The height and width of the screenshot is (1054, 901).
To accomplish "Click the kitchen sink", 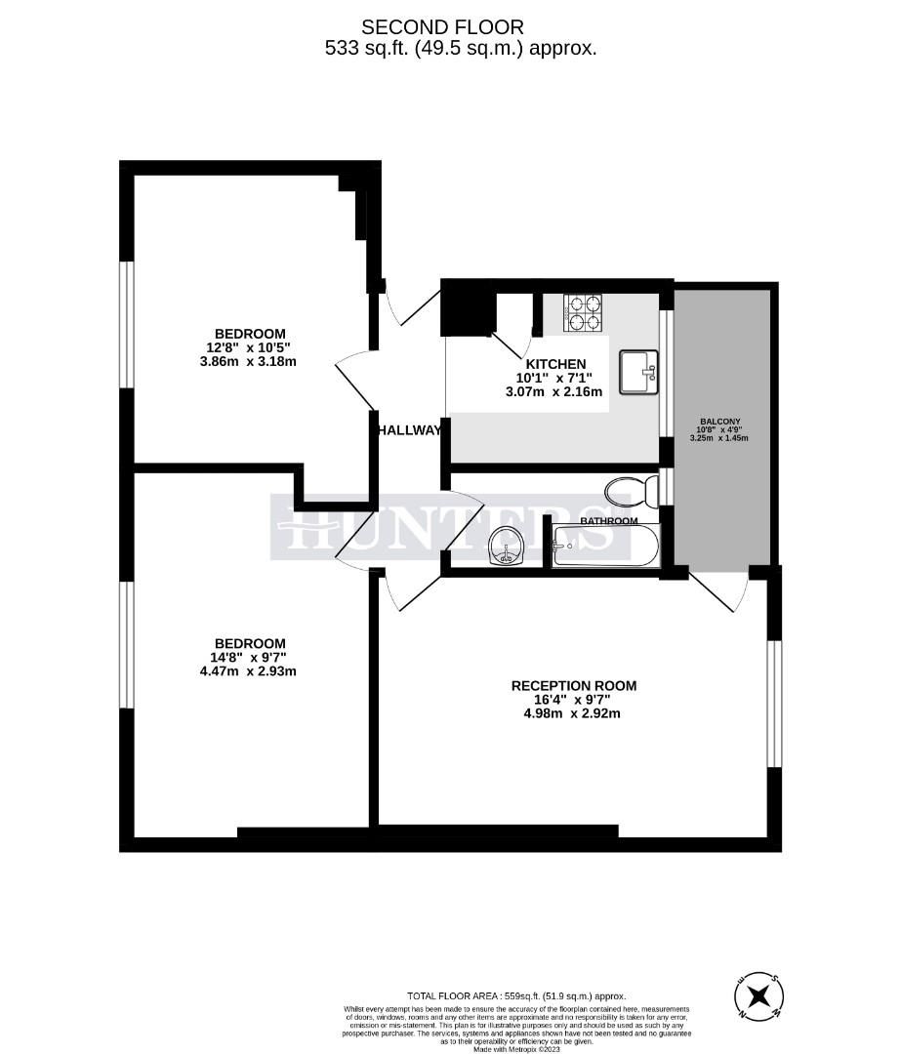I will pos(639,372).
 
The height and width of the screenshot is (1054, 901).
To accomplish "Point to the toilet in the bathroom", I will pos(629,490).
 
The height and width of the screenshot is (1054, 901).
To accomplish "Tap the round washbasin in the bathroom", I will pos(507,545).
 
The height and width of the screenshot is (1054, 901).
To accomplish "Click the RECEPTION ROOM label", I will pos(574,686).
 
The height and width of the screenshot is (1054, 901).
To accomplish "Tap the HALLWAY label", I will pos(410,429).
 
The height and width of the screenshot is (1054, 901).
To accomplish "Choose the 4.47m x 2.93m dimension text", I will pos(250,670).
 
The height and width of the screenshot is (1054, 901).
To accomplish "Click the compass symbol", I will pos(759,997).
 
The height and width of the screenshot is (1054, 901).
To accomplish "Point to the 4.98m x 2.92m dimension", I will pos(573,713).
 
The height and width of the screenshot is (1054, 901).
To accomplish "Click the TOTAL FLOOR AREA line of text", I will pos(516,995).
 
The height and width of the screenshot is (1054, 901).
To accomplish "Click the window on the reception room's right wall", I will pos(773,703).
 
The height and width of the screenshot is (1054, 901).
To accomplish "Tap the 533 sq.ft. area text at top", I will pos(461,47).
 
